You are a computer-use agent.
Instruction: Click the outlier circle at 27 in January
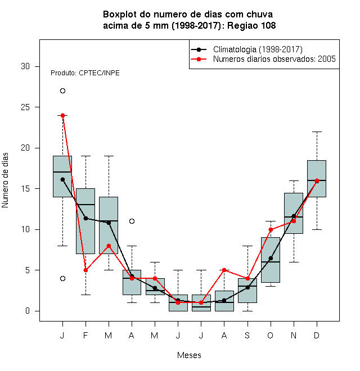pyautogui.click(x=62, y=91)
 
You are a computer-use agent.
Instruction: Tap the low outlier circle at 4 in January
pyautogui.click(x=62, y=278)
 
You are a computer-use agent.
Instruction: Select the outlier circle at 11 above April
pyautogui.click(x=132, y=221)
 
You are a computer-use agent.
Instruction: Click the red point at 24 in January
pyautogui.click(x=62, y=115)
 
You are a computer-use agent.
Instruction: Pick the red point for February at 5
pyautogui.click(x=85, y=270)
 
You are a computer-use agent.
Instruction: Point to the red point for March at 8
pyautogui.click(x=109, y=246)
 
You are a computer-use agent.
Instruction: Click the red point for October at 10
pyautogui.click(x=271, y=229)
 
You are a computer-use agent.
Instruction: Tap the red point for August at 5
pyautogui.click(x=224, y=270)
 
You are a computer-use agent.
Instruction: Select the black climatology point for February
pyautogui.click(x=85, y=218)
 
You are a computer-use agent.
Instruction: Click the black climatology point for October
pyautogui.click(x=271, y=258)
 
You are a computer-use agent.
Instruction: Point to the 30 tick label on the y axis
pyautogui.click(x=25, y=66)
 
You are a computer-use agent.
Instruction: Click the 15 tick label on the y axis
pyautogui.click(x=25, y=188)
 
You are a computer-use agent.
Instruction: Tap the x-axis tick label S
pyautogui.click(x=247, y=335)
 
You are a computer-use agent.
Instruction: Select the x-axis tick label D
pyautogui.click(x=317, y=335)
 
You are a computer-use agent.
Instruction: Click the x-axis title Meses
pyautogui.click(x=189, y=355)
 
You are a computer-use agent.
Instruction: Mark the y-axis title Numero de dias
pyautogui.click(x=5, y=180)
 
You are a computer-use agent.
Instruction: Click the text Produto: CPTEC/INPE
pyautogui.click(x=85, y=73)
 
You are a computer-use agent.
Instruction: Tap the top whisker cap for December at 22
pyautogui.click(x=317, y=132)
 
